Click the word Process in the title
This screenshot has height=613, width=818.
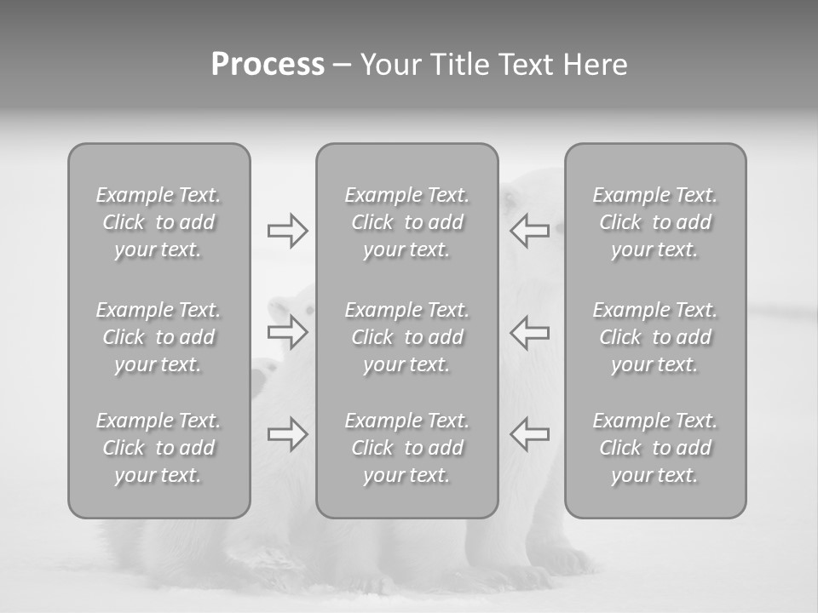point(268,65)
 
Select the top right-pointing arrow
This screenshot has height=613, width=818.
point(287,231)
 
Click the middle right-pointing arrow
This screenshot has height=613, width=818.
point(287,332)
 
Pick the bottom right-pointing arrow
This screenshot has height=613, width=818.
point(287,434)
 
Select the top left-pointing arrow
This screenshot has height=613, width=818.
point(529,231)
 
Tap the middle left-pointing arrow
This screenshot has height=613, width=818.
point(529,332)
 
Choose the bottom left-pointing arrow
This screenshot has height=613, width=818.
point(529,434)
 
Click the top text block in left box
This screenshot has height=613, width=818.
point(158,222)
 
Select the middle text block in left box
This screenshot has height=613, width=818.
point(158,337)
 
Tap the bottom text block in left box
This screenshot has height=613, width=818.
point(158,448)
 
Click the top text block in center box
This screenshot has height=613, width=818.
point(406,222)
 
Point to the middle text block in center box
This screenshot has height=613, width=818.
point(406,337)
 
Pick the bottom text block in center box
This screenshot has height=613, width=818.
point(406,448)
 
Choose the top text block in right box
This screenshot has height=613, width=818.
point(654,222)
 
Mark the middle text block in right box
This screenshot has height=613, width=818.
point(654,337)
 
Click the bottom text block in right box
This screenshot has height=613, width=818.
point(654,448)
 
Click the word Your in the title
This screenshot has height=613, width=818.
point(391,65)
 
